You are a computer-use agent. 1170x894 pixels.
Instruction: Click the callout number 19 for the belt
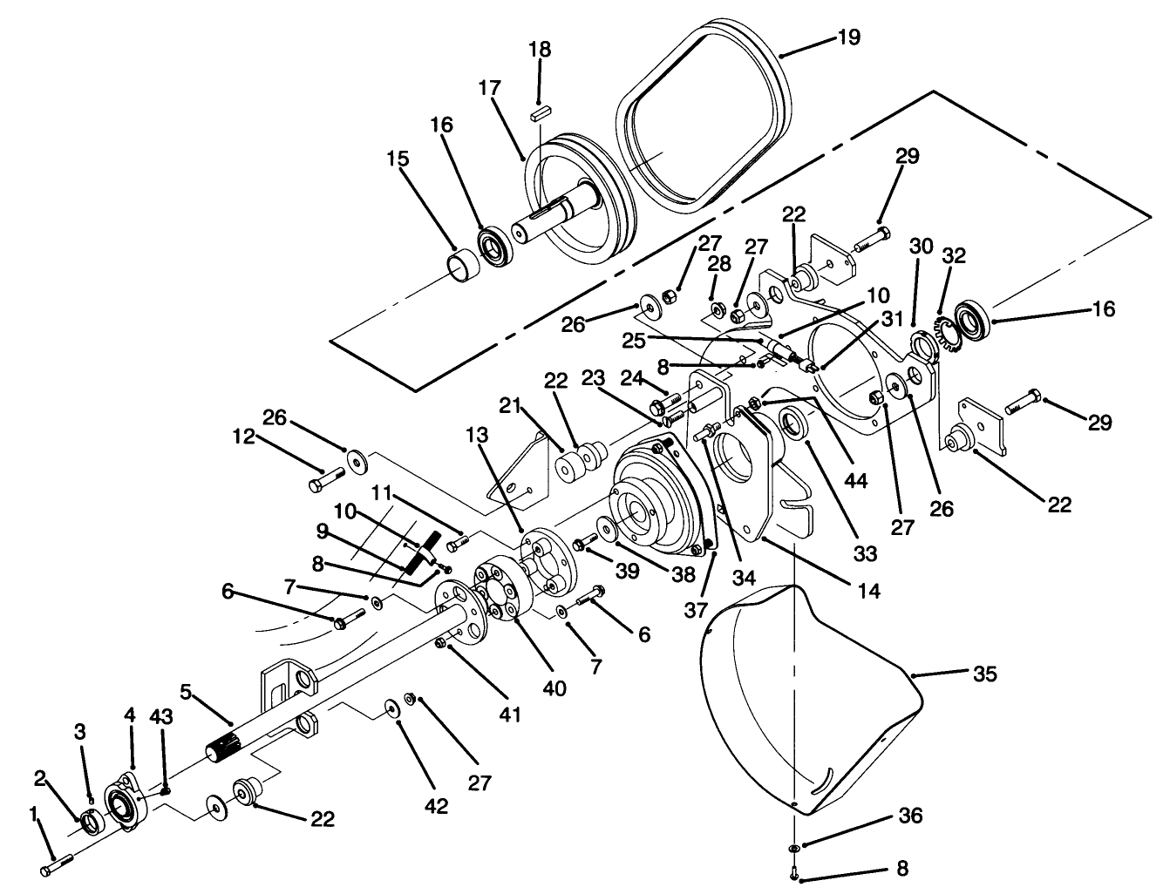tap(847, 37)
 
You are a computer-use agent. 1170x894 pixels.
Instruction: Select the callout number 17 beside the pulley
tap(489, 88)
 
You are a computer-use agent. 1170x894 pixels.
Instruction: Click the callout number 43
tap(161, 716)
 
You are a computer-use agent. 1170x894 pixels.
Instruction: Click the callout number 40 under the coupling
tap(554, 687)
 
